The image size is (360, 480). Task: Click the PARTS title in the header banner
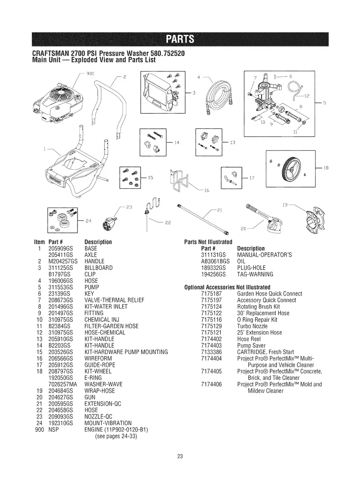[180, 39]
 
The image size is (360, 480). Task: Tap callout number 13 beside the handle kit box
[233, 143]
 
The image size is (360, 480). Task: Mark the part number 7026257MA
[61, 384]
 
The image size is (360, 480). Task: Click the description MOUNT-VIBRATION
[108, 423]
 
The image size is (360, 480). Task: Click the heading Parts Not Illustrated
[208, 242]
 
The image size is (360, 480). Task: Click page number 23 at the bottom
[180, 456]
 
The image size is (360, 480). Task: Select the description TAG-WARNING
[255, 274]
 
